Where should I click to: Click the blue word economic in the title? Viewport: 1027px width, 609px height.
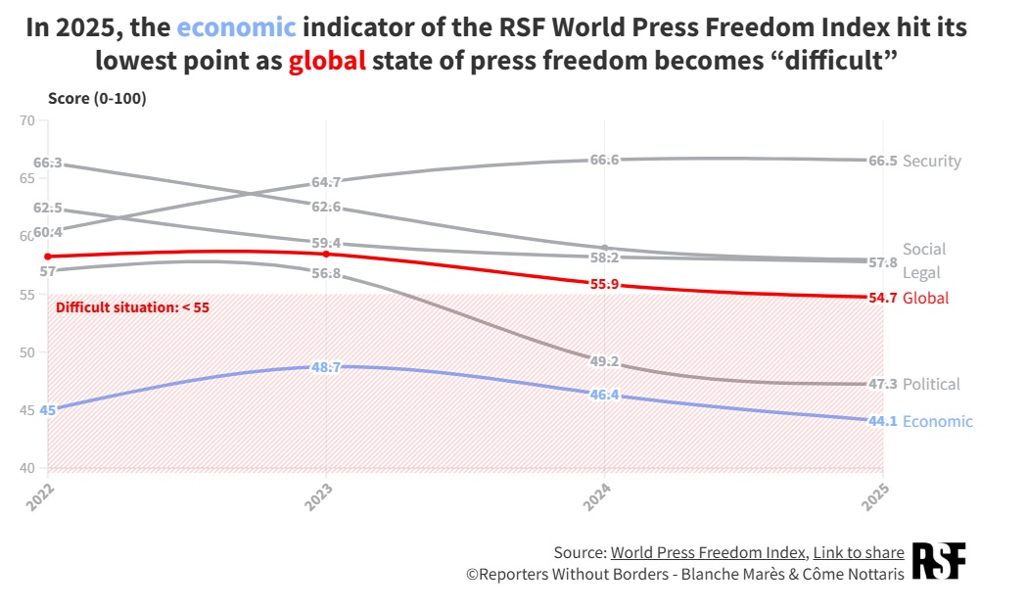click(237, 27)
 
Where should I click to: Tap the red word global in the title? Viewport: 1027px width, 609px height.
click(327, 61)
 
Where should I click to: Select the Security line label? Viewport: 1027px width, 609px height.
click(931, 162)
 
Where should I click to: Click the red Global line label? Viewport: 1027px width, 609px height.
click(925, 298)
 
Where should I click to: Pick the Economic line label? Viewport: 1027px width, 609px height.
click(937, 421)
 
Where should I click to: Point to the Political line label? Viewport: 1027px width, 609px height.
click(931, 384)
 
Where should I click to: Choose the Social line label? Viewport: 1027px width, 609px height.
click(924, 249)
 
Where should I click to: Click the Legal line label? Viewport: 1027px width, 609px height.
click(921, 272)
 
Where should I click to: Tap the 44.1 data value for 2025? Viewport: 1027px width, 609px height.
click(883, 421)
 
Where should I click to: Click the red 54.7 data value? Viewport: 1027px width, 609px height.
click(883, 298)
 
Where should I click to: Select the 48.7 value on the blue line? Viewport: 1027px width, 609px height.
click(326, 367)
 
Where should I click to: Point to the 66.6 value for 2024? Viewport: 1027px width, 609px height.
click(604, 160)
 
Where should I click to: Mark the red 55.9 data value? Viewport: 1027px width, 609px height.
click(604, 285)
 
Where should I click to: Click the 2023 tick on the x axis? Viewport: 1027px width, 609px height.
click(319, 497)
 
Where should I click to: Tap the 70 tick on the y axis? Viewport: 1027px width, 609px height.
click(26, 120)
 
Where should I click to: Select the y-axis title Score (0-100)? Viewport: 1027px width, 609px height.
click(97, 98)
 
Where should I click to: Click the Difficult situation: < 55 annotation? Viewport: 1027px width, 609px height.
click(132, 307)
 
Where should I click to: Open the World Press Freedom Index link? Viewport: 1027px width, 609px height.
click(708, 552)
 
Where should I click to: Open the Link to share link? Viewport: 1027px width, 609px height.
click(859, 552)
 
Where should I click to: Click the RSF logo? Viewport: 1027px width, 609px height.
click(939, 561)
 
